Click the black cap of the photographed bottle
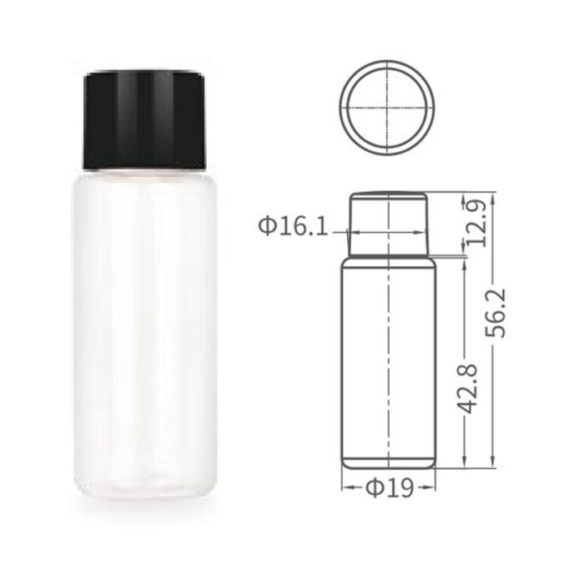click(144, 120)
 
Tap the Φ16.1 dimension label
click(293, 226)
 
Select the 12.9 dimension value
click(476, 223)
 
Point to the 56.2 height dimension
click(496, 313)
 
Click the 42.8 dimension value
click(467, 389)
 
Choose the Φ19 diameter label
click(390, 488)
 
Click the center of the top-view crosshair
click(388, 108)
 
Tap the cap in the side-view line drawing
click(389, 224)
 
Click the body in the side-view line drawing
click(389, 363)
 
